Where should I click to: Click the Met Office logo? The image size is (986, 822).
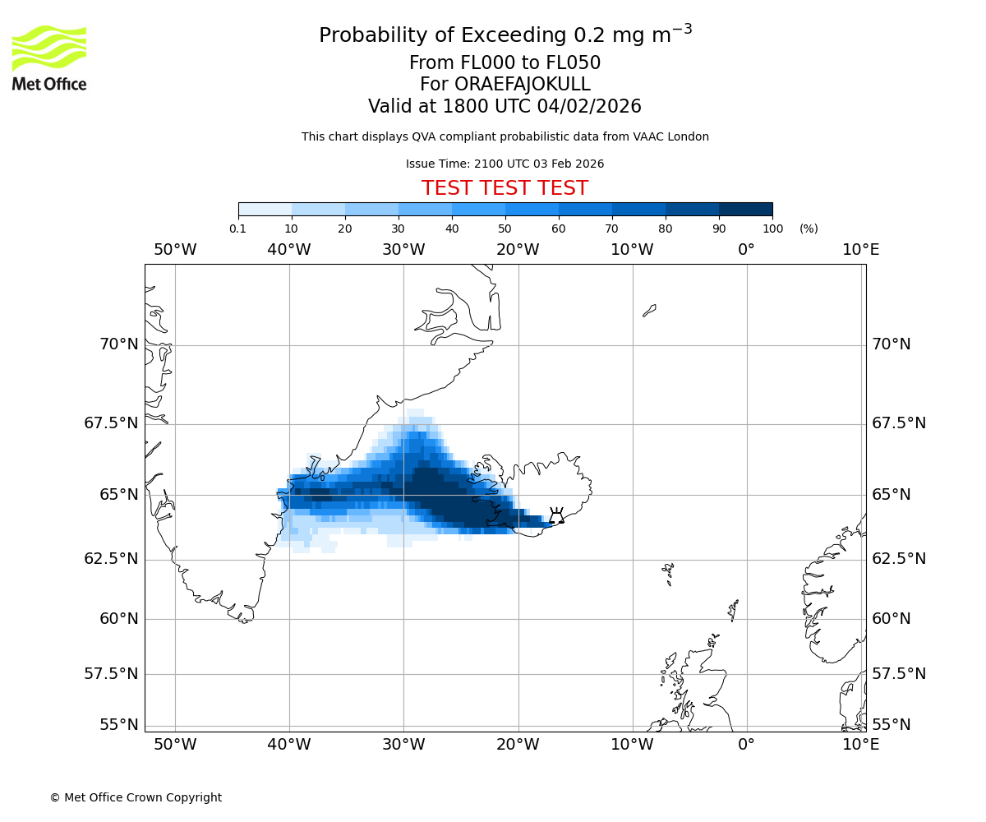(49, 58)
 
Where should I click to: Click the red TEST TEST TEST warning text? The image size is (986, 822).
(505, 188)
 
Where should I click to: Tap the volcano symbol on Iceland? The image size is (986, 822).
(556, 516)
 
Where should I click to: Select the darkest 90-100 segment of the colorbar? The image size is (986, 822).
(745, 210)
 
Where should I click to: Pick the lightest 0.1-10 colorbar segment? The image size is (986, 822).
(265, 210)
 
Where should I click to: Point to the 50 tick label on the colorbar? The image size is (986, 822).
(505, 229)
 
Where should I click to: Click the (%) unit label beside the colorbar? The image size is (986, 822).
(809, 229)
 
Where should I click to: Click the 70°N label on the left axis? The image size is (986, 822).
(119, 344)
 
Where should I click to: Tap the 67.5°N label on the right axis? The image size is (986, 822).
(899, 423)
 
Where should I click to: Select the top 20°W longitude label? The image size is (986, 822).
(518, 249)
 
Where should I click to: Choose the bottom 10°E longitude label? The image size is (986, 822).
(860, 744)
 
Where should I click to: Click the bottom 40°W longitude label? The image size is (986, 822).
(289, 744)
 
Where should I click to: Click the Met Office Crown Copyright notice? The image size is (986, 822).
(136, 797)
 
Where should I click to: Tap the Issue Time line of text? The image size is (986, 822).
(505, 164)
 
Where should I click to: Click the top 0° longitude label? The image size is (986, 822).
(746, 249)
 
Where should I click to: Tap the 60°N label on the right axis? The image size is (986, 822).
(892, 618)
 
